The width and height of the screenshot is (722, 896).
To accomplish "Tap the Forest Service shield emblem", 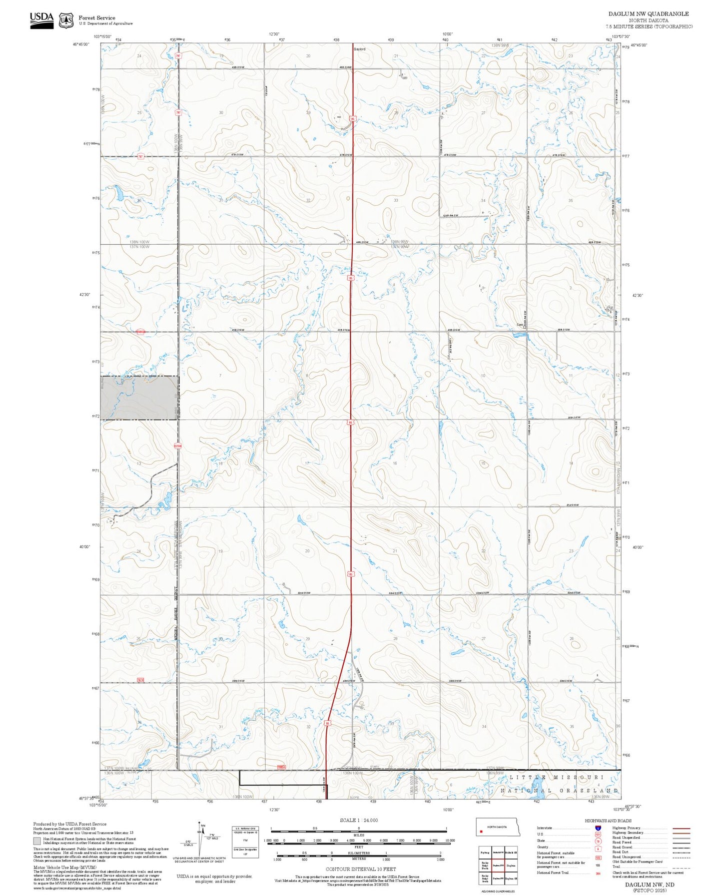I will pos(65,20).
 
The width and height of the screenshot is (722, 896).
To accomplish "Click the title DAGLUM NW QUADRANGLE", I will pos(648,14).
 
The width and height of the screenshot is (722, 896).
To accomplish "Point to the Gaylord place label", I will pos(360,49).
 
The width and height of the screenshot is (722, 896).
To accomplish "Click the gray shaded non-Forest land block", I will pos(139,398).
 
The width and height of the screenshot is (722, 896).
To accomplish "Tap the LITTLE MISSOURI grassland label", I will pos(557,778).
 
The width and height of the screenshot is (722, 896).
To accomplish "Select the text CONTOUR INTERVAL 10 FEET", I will pos(360,869).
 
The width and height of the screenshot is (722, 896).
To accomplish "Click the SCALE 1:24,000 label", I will pos(358,820).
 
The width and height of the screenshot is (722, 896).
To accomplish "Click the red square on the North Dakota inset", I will pos(481,832).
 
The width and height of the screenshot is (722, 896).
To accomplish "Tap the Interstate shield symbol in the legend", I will pos(598,828).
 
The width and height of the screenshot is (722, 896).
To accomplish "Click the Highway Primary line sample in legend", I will pos(681,828).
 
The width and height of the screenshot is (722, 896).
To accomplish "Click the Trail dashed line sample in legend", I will pos(681,867).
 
